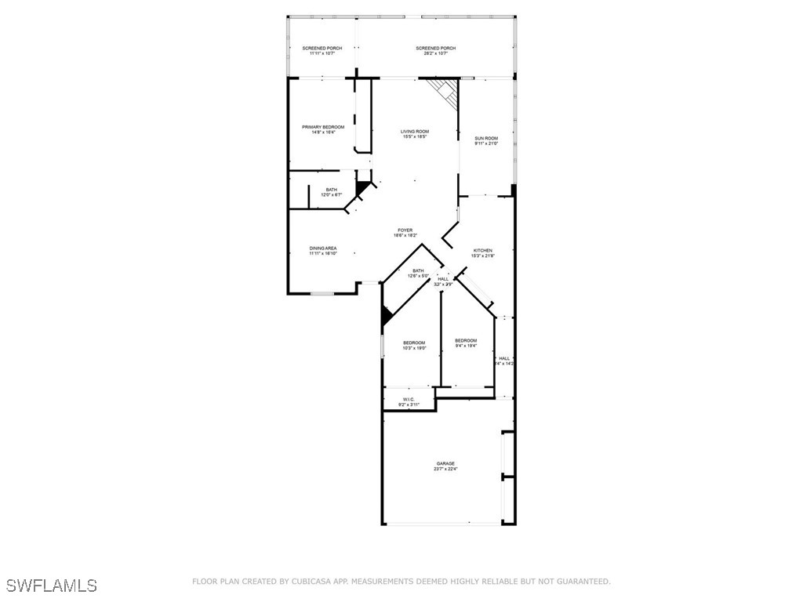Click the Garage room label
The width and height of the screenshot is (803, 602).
tap(445, 463)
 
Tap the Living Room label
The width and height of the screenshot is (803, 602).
tap(415, 132)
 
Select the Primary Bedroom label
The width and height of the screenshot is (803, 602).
tap(323, 127)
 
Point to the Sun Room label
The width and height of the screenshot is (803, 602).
tap(486, 139)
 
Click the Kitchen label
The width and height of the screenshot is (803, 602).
tap(482, 251)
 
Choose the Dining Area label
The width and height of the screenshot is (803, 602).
tap(323, 248)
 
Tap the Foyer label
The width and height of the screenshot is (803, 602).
tap(405, 230)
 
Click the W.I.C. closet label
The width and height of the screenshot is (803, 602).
tap(409, 400)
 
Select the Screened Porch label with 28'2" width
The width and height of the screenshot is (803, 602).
tap(435, 49)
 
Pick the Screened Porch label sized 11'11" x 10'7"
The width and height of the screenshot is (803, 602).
tap(322, 49)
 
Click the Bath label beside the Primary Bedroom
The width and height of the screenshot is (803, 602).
tap(332, 190)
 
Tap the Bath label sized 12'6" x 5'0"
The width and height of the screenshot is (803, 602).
tap(418, 271)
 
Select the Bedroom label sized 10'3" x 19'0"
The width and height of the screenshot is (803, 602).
tap(414, 343)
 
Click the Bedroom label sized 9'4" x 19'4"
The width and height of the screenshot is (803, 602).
tap(466, 340)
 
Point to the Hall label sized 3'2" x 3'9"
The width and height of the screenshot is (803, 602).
tap(443, 279)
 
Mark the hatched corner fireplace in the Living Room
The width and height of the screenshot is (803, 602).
tap(446, 92)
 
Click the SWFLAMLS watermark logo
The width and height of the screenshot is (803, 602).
tap(52, 586)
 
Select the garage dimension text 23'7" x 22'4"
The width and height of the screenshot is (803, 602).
tap(445, 469)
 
